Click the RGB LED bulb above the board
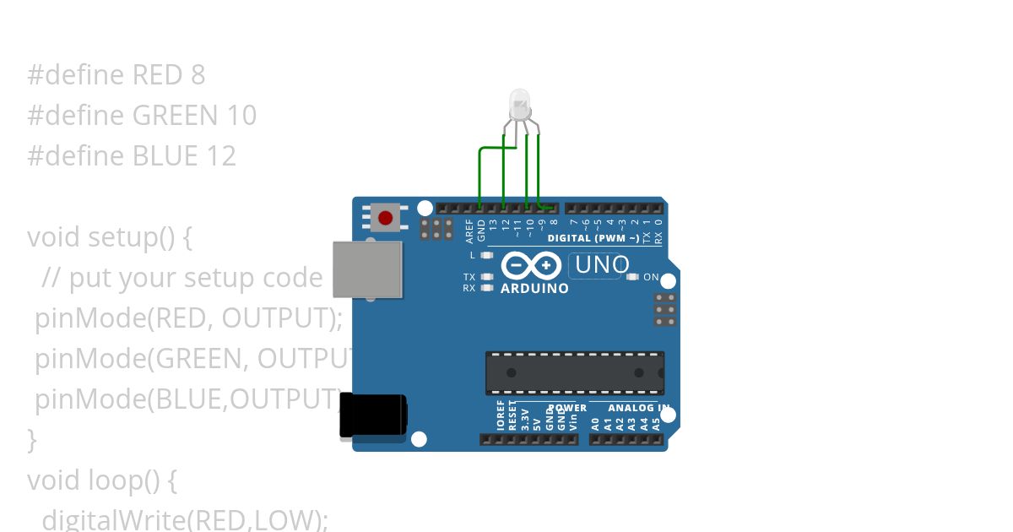[x=519, y=105]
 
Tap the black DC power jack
[x=372, y=415]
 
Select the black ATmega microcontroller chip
[x=574, y=372]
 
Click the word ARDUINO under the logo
[x=534, y=289]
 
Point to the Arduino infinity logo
[x=531, y=266]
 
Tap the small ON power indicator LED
[x=632, y=277]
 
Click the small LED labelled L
[x=486, y=255]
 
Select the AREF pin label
[x=470, y=231]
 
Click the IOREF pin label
[x=500, y=416]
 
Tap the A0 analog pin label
[x=595, y=423]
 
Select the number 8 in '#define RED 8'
[x=198, y=75]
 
